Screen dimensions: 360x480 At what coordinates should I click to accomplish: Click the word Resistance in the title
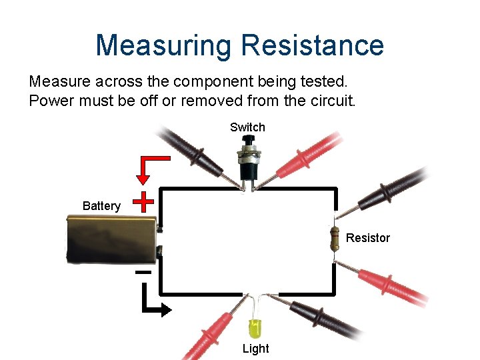click(312, 45)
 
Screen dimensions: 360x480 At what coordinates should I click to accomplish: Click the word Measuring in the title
click(163, 45)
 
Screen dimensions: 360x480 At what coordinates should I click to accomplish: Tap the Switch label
click(247, 127)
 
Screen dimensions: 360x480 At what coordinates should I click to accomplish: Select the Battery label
click(101, 206)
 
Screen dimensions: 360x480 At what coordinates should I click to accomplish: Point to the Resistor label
click(368, 238)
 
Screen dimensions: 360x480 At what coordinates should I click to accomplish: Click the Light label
click(255, 348)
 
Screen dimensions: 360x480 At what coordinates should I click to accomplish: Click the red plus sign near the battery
click(143, 200)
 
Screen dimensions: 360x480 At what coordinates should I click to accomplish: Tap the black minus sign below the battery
click(143, 273)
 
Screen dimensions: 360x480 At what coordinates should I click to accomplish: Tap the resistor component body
click(334, 238)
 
